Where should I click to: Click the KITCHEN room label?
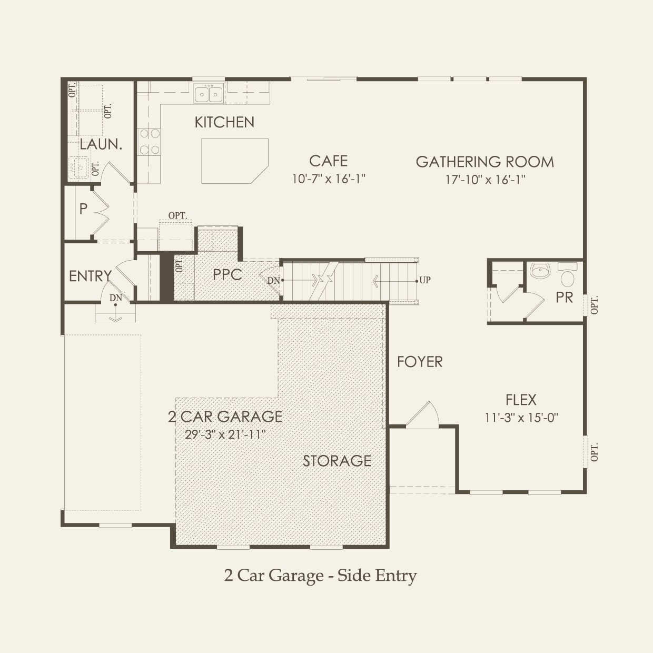tap(224, 122)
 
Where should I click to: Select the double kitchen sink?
tap(208, 94)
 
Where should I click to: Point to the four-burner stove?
tap(149, 142)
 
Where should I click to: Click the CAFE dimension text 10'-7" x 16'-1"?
tap(329, 179)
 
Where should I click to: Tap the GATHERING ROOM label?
tap(484, 162)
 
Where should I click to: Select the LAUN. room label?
tap(101, 144)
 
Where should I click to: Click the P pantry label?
tap(83, 209)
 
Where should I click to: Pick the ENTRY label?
tap(90, 276)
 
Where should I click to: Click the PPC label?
tap(227, 274)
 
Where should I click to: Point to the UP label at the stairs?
tap(424, 280)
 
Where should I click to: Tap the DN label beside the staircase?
tap(273, 281)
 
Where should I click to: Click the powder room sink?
tap(540, 271)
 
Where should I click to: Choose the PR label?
tap(564, 298)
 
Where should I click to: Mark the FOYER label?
tap(420, 362)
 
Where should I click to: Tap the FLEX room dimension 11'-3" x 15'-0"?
tap(521, 418)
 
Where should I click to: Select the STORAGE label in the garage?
tap(337, 461)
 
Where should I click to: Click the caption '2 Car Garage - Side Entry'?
tap(320, 575)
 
